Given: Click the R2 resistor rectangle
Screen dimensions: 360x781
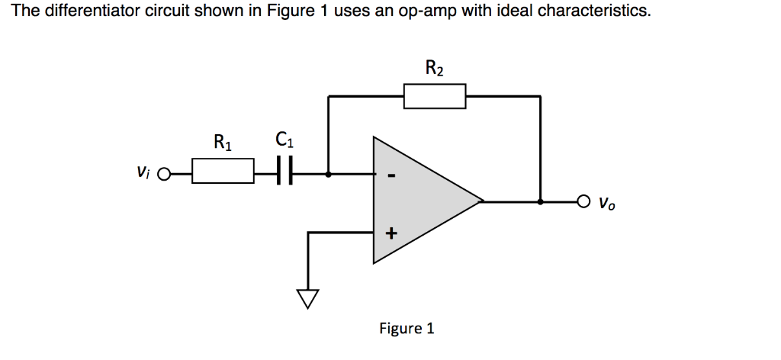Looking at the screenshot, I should [x=435, y=97].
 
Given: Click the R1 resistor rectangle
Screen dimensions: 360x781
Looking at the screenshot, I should [x=223, y=171].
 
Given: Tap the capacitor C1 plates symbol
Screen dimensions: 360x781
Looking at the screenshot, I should [x=284, y=172].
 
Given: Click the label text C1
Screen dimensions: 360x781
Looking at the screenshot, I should [x=283, y=141].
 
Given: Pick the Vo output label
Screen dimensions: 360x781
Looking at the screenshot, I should [x=606, y=204].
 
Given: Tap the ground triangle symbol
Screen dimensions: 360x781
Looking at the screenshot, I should [x=307, y=298].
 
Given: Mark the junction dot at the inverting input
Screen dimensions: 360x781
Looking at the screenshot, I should [x=329, y=173].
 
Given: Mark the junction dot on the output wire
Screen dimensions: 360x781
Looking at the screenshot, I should [x=541, y=202].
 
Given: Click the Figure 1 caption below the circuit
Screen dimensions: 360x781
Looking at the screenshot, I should [x=407, y=329].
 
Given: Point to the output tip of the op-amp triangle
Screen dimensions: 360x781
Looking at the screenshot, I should [x=483, y=202].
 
